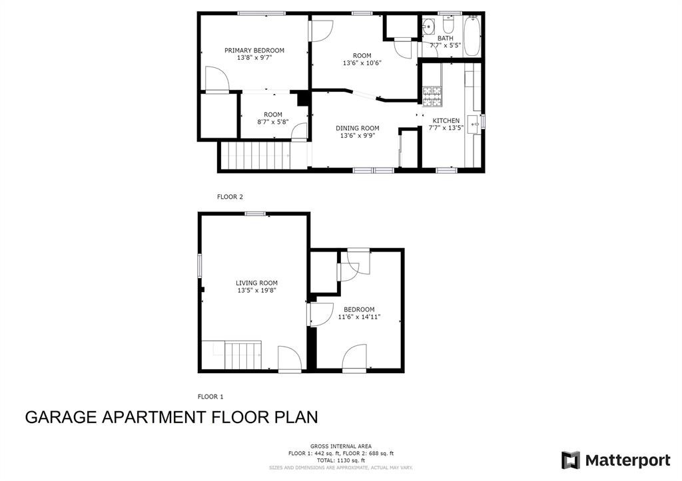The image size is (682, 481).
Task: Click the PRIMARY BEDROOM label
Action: coord(254,51)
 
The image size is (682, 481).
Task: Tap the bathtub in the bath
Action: coord(472,36)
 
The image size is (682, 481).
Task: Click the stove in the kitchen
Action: coord(432,97)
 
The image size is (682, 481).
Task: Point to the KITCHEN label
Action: coord(446,120)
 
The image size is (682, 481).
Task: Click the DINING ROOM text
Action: coord(357,128)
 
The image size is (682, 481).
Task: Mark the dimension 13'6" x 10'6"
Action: coord(362,63)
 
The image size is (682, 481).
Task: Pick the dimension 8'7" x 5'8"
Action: coord(272,122)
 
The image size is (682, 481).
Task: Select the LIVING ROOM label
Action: coord(256,283)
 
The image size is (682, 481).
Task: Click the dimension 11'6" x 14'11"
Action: coord(359,317)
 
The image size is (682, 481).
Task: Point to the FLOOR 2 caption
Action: coord(230,197)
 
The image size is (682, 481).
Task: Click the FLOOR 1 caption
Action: coord(210,397)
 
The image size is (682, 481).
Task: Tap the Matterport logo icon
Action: coord(570,460)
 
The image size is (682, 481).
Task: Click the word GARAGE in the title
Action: coord(61,417)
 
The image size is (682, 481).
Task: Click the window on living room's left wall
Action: coord(199,264)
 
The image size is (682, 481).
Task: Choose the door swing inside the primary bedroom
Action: coord(216,79)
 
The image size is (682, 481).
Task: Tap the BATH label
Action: coord(445,39)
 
